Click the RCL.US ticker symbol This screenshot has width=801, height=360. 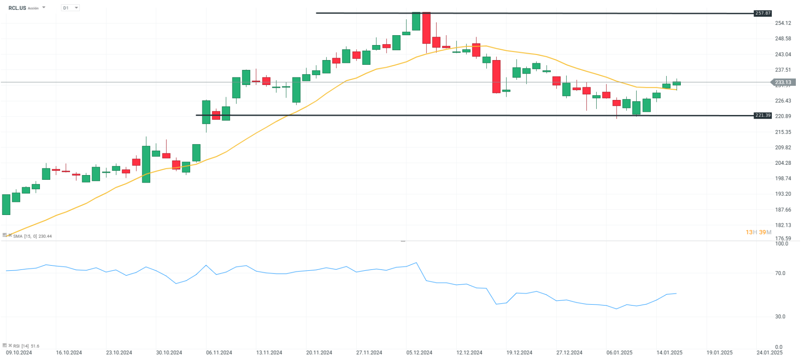(x=17, y=8)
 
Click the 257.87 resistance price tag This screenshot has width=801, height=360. (x=762, y=13)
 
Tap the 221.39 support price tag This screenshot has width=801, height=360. (x=762, y=115)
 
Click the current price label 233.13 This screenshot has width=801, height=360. (x=783, y=82)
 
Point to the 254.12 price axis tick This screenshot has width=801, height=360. (x=783, y=23)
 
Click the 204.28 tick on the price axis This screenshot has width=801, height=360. (x=783, y=163)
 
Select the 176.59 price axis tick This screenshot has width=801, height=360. (x=783, y=238)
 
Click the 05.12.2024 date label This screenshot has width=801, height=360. (x=419, y=352)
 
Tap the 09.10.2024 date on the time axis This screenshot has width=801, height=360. (x=19, y=352)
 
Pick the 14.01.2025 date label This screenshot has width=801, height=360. (x=670, y=352)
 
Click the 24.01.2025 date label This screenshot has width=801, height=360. (x=770, y=352)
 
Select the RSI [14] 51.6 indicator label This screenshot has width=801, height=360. (x=26, y=346)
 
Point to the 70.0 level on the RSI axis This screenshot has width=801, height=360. (x=780, y=273)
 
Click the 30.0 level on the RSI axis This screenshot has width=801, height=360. (x=780, y=316)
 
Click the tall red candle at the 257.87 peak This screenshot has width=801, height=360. (x=426, y=28)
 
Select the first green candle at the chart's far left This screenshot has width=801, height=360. (x=6, y=205)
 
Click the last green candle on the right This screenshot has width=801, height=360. (x=677, y=84)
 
